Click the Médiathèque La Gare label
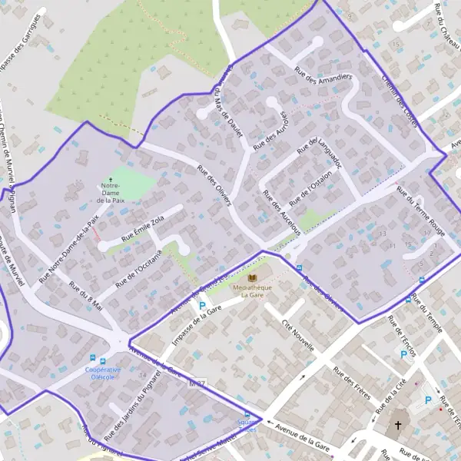click(x=252, y=290)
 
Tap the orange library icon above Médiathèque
click(x=252, y=277)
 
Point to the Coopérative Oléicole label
click(x=102, y=373)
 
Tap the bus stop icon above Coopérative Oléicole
click(x=94, y=359)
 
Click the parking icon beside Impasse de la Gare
click(x=202, y=305)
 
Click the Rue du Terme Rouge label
click(x=420, y=209)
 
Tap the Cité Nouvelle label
click(x=298, y=334)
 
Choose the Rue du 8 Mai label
click(x=85, y=296)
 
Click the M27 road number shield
click(x=197, y=383)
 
